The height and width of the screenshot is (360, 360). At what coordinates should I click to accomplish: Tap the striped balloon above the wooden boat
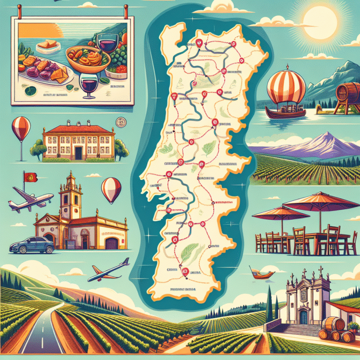[x=286, y=87]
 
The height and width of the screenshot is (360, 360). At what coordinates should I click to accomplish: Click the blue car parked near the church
[x=31, y=245]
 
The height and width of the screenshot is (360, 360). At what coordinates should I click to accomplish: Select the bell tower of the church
[x=71, y=192]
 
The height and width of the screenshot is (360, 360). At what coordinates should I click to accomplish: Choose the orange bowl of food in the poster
[x=88, y=60]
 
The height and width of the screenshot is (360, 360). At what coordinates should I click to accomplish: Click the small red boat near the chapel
[x=257, y=273]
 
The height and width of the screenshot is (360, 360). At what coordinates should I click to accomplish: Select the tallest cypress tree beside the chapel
[x=270, y=300]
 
